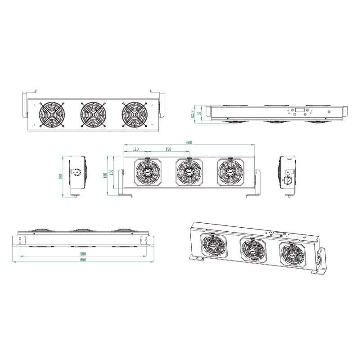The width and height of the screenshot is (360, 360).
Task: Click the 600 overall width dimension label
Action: click(x=189, y=143)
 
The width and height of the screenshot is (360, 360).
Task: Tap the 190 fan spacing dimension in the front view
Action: click(x=168, y=149)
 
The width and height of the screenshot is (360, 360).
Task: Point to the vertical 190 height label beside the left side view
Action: click(x=61, y=176)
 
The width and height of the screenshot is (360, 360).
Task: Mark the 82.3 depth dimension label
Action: click(x=193, y=113)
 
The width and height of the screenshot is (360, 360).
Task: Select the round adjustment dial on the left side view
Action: click(x=77, y=173)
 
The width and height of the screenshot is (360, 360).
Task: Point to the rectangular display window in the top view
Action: click(x=299, y=110)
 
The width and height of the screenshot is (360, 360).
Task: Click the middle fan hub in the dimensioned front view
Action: click(x=189, y=172)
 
